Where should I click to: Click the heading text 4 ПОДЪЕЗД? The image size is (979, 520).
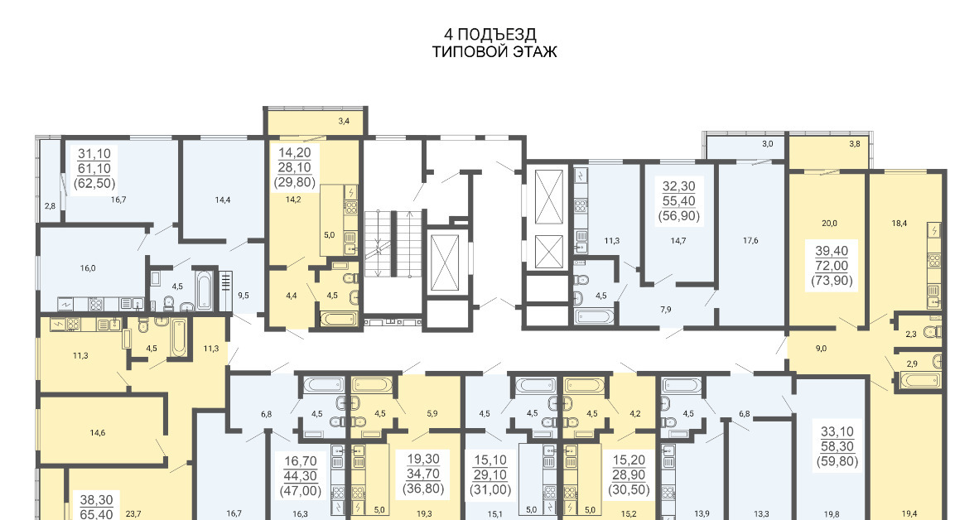pyautogui.click(x=490, y=34)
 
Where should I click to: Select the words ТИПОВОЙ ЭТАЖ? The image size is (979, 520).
pyautogui.click(x=494, y=52)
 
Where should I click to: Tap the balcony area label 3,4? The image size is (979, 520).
pyautogui.click(x=344, y=121)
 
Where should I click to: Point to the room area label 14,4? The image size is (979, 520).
pyautogui.click(x=223, y=200)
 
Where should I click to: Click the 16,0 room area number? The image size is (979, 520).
pyautogui.click(x=88, y=268)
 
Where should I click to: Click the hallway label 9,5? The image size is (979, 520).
pyautogui.click(x=243, y=296)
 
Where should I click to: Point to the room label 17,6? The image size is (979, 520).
pyautogui.click(x=750, y=240)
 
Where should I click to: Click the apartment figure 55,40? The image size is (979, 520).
pyautogui.click(x=678, y=200)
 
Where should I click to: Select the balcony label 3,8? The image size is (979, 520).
pyautogui.click(x=855, y=143)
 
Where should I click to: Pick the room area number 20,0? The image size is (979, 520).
pyautogui.click(x=829, y=223)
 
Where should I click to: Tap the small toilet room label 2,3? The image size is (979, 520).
pyautogui.click(x=912, y=334)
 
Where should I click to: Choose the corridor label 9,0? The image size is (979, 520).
pyautogui.click(x=821, y=349)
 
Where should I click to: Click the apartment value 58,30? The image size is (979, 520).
pyautogui.click(x=837, y=446)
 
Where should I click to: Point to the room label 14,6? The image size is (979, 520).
pyautogui.click(x=98, y=432)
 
